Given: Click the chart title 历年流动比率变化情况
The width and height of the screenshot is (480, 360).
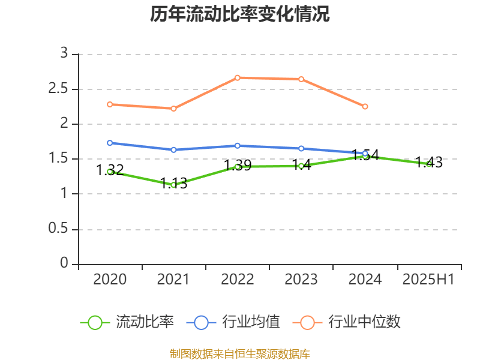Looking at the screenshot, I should [240, 14].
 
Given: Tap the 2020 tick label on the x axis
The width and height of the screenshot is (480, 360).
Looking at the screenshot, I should [110, 280].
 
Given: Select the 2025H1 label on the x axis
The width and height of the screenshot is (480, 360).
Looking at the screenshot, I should [428, 280].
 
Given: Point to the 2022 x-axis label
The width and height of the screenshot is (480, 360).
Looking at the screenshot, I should [238, 280].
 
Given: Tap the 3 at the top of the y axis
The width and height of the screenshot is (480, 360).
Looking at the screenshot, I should [64, 54].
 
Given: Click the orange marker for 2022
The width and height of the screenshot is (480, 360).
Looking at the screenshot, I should [238, 77].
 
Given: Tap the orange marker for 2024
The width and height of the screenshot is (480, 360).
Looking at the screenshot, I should [365, 106].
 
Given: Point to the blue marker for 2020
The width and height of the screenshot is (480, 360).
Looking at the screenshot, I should [110, 143].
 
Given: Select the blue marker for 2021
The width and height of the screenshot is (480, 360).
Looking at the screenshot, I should [173, 149].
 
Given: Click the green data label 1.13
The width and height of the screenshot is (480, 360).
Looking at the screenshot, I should [174, 184].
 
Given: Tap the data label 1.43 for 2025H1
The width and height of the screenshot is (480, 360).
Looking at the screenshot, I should [429, 162].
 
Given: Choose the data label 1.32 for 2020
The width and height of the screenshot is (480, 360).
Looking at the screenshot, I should [110, 170].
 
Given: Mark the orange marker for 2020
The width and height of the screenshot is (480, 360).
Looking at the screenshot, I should [110, 104].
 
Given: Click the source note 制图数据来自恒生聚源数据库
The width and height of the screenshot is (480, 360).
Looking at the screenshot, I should [240, 353].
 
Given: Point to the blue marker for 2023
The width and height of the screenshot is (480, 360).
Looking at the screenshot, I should [301, 148].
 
